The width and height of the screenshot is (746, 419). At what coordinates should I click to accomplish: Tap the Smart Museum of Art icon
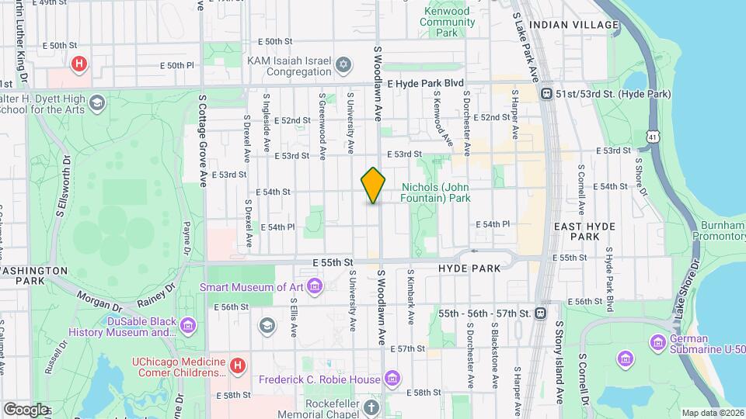coord(315,288)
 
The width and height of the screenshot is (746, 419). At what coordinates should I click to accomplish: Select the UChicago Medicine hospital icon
coord(238,363)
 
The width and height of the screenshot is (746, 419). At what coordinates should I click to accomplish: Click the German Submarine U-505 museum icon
coord(658,341)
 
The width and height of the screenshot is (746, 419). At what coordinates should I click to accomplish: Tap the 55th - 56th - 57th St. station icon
coord(541,313)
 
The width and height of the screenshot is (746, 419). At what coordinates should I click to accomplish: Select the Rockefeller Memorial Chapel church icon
coord(372,407)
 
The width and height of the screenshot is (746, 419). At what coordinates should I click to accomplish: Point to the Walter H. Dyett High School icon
coord(96,102)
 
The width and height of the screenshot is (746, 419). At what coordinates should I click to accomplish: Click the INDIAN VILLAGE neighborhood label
coord(573,25)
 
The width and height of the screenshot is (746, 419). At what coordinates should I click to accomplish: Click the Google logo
coord(26,409)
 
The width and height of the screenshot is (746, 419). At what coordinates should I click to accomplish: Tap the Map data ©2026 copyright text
coord(713,413)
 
